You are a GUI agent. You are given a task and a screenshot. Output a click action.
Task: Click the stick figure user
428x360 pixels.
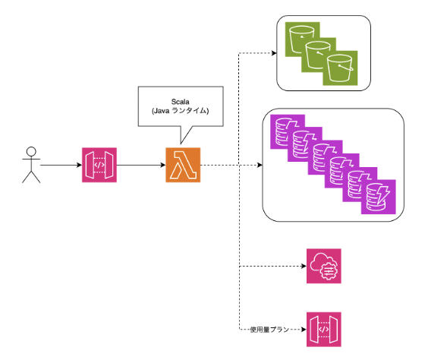click(x=31, y=165)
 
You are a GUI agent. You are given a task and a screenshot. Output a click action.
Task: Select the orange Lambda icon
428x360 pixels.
click(x=183, y=165)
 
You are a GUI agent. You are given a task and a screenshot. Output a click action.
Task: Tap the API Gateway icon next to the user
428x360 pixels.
click(x=99, y=165)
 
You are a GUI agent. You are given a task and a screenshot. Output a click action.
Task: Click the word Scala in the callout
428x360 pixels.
click(x=180, y=102)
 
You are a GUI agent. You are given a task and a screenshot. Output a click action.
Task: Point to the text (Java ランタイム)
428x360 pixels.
click(x=180, y=111)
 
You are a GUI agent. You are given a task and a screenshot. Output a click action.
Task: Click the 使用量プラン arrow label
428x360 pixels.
click(x=269, y=330)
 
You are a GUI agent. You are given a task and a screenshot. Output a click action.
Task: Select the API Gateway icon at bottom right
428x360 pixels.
click(x=324, y=330)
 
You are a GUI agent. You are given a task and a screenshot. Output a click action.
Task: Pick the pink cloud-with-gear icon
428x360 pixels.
click(x=324, y=266)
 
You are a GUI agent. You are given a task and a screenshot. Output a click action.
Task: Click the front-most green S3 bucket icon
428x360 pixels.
click(x=340, y=68)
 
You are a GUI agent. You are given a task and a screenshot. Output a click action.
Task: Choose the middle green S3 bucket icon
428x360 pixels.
click(x=319, y=55)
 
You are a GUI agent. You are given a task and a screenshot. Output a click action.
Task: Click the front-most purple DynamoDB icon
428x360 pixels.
click(x=379, y=197)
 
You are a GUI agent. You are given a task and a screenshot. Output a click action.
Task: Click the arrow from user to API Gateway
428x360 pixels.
click(x=61, y=165)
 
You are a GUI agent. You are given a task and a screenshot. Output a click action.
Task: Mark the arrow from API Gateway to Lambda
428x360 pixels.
click(x=141, y=165)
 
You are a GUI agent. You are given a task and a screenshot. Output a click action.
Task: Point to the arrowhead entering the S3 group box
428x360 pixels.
click(x=274, y=53)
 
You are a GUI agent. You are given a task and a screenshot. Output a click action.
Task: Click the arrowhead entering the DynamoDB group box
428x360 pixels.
click(x=260, y=165)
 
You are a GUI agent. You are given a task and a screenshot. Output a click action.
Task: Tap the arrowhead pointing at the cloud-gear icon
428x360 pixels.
click(x=304, y=266)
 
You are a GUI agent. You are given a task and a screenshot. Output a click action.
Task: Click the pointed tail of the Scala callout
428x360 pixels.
click(x=181, y=144)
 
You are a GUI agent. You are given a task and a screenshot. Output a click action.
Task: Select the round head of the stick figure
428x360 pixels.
click(x=31, y=152)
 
